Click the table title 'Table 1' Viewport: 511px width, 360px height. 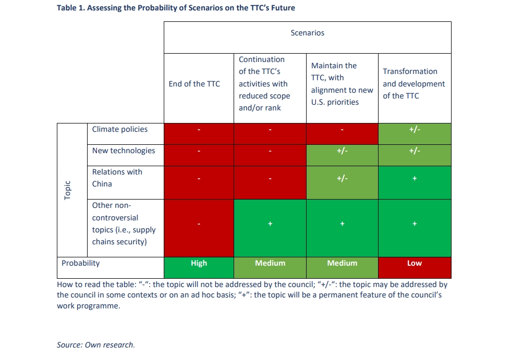pos(176,8)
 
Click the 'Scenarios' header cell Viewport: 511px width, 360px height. pos(307,33)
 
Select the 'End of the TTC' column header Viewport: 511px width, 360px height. pos(194,84)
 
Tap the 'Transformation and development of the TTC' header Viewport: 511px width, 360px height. pos(413,83)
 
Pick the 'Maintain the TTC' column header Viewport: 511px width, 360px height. pos(342,84)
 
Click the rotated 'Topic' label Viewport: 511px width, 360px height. pos(67,190)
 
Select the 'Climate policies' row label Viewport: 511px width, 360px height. pos(120,129)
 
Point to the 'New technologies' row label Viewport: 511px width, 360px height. pos(124,151)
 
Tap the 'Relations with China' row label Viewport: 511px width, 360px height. pos(117,178)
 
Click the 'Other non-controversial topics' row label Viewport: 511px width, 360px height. pos(124,224)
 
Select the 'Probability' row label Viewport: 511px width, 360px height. pos(80,263)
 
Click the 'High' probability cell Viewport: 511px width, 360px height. pos(199,263)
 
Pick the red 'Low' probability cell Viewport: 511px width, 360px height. pos(414,263)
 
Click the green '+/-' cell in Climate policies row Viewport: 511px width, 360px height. pos(414,130)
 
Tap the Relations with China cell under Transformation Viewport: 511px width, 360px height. pos(414,178)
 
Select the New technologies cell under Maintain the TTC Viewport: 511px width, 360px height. pos(342,151)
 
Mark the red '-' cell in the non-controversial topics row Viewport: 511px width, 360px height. pos(199,224)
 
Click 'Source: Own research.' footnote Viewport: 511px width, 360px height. pos(96,344)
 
